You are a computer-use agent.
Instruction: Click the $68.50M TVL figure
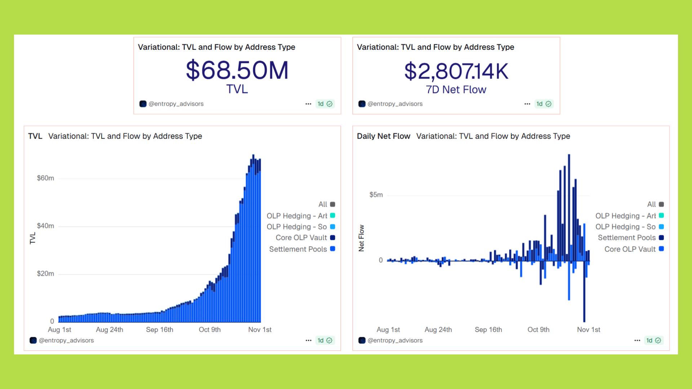237,70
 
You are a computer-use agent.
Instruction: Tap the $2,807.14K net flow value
456,71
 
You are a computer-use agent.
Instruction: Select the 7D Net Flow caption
456,90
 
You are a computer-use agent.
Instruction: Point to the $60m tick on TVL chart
45,178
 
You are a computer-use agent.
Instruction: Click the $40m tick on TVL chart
45,226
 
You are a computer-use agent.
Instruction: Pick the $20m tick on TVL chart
45,274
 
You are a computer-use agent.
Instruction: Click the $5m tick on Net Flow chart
376,195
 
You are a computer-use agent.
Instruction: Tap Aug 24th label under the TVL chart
110,330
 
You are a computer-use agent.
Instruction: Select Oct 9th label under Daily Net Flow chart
538,330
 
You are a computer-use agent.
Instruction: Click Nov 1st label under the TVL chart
260,330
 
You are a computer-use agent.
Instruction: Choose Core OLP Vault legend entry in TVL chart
301,238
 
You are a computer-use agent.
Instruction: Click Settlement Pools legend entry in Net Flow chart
627,238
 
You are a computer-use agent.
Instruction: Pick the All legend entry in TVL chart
323,204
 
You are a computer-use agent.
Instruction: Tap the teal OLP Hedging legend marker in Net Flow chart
661,215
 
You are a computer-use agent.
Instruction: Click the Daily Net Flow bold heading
383,136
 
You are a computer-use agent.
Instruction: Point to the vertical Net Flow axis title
361,238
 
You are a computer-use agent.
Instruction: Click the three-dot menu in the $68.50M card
308,104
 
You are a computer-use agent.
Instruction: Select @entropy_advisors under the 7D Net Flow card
395,104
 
